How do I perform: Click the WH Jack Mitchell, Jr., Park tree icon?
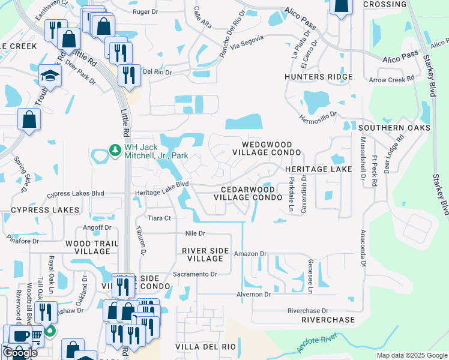pyautogui.click(x=114, y=150)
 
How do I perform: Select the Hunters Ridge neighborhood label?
pyautogui.click(x=319, y=77)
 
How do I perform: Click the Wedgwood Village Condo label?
pyautogui.click(x=267, y=149)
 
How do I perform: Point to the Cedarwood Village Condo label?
pyautogui.click(x=247, y=192)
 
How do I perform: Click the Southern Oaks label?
pyautogui.click(x=394, y=128)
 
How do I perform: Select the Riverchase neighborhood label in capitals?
pyautogui.click(x=329, y=320)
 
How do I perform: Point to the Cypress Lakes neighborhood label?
pyautogui.click(x=45, y=210)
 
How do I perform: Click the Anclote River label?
pyautogui.click(x=318, y=344)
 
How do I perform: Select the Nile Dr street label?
pyautogui.click(x=195, y=233)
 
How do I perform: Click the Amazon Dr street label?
pyautogui.click(x=250, y=254)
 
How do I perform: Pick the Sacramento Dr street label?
pyautogui.click(x=195, y=274)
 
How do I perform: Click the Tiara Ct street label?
pyautogui.click(x=159, y=218)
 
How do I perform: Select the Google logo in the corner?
pyautogui.click(x=20, y=353)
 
